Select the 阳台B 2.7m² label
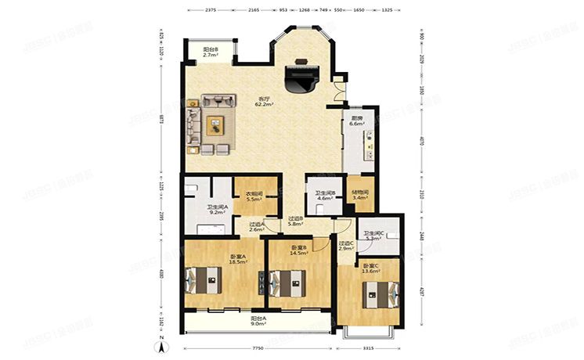coord(210,52)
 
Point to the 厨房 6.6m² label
coord(357,121)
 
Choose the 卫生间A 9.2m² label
coord(217,210)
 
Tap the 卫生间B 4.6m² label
coord(325,196)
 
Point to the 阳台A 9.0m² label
coord(258,321)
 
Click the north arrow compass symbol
coord(161,348)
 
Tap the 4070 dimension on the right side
coord(421,142)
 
